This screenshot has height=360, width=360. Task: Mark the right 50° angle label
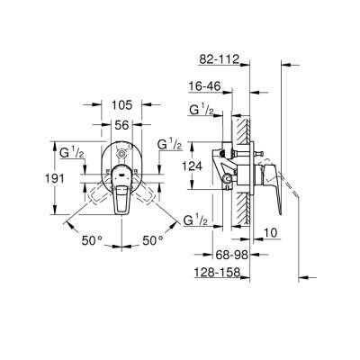(x=154, y=240)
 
